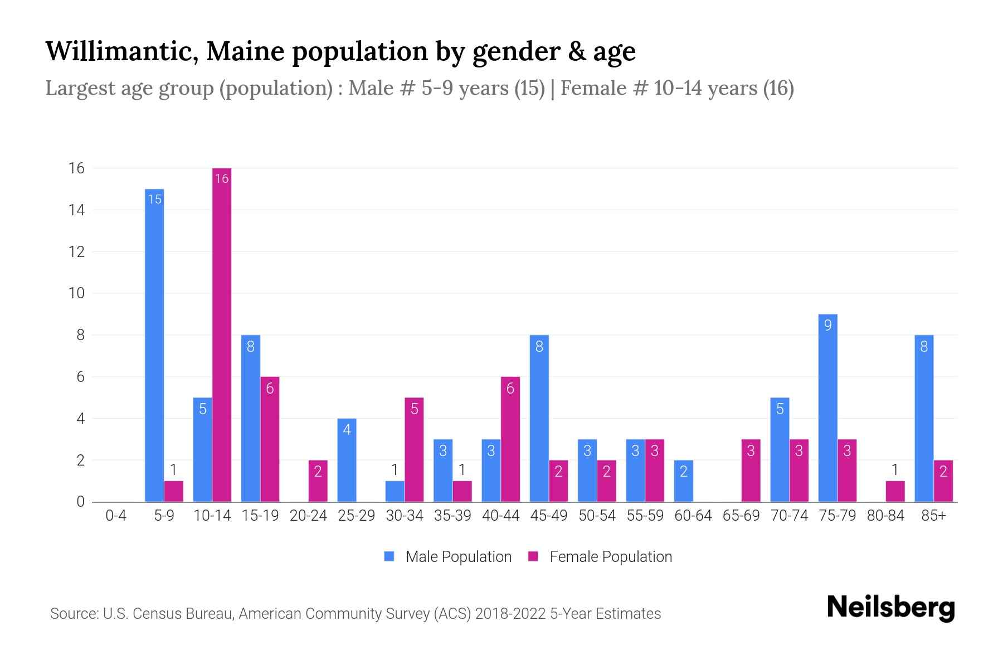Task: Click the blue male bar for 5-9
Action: click(x=154, y=346)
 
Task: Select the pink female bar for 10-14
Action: click(x=222, y=334)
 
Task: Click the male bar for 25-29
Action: click(x=347, y=460)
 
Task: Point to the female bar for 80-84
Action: click(x=895, y=492)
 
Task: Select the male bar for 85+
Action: click(x=924, y=418)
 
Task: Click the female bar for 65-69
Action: click(x=751, y=471)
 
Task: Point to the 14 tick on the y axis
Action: click(x=76, y=210)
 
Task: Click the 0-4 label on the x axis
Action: click(x=116, y=516)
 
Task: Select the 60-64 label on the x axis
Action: click(x=693, y=516)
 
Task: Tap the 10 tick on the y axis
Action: click(x=76, y=293)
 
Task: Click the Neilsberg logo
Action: click(x=890, y=608)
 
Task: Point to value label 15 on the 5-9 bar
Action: click(x=154, y=199)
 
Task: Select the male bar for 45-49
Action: click(x=539, y=418)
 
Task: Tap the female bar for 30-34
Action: click(x=414, y=449)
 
